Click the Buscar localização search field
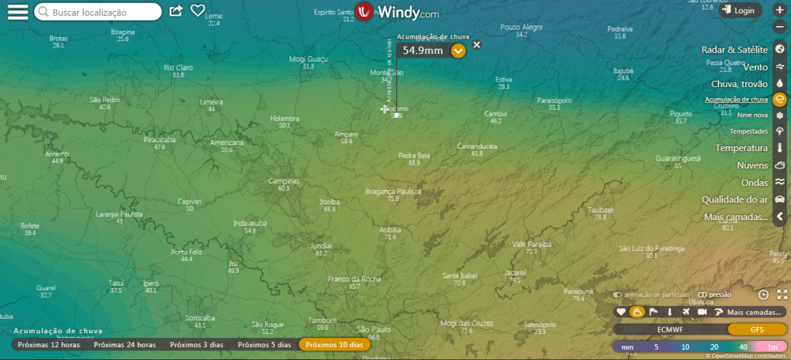pyautogui.click(x=103, y=13)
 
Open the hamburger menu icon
pyautogui.click(x=17, y=13)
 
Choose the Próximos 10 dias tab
pyautogui.click(x=334, y=345)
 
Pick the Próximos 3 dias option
pyautogui.click(x=197, y=345)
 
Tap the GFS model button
pyautogui.click(x=756, y=330)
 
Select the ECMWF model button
pyautogui.click(x=670, y=330)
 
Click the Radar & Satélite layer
pyautogui.click(x=735, y=50)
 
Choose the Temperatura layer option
pyautogui.click(x=741, y=148)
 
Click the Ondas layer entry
pyautogui.click(x=754, y=183)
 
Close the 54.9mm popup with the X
pyautogui.click(x=476, y=45)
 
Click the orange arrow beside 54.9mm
pyautogui.click(x=458, y=51)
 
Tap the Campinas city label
pyautogui.click(x=284, y=181)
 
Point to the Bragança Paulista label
pyautogui.click(x=393, y=191)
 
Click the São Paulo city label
pyautogui.click(x=374, y=329)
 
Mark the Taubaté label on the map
pyautogui.click(x=600, y=210)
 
